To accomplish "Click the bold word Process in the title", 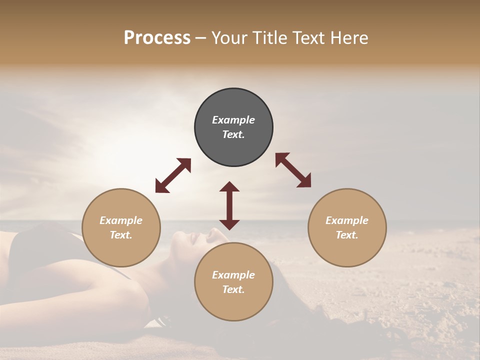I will pos(157,38).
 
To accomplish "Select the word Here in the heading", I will pos(350,38).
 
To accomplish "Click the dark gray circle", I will pos(233,127).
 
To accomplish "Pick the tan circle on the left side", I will pos(121,227).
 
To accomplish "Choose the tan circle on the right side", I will pos(347,227).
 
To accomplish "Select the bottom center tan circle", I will pos(233,281).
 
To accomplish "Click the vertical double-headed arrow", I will pos(229,205).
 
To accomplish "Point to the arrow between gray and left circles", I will pos(173,175).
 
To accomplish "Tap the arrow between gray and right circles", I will pos(293,170).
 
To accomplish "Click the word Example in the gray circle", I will pos(233,120).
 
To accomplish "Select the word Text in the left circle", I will pos(121,235).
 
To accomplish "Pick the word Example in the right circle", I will pos(347,220).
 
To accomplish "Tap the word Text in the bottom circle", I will pos(233,289).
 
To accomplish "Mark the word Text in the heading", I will pos(308,38).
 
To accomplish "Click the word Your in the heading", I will pos(228,38).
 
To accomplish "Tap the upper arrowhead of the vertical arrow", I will pos(229,187).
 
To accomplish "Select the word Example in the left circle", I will pos(121,220).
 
